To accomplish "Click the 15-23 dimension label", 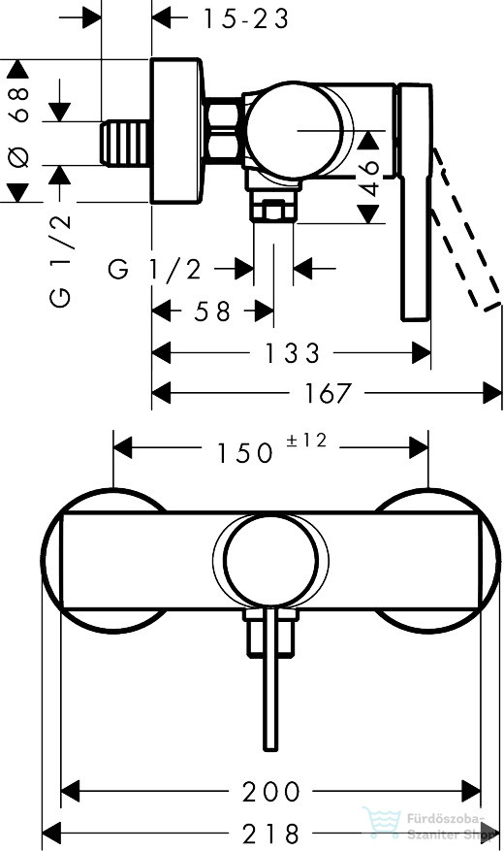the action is (245, 19).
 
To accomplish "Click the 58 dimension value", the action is (212, 311).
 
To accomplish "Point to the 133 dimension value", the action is (292, 353).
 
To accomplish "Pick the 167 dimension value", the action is (329, 393).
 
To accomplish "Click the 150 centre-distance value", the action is (245, 452).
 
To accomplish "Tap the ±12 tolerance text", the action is (306, 441).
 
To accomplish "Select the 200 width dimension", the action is (271, 792).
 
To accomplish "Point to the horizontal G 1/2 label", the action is (155, 269).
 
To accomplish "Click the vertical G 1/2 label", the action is (60, 261).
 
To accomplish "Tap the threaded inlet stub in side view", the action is (125, 143).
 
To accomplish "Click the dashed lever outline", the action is (465, 230).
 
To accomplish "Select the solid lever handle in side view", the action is (416, 202).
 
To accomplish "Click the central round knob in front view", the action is (270, 560).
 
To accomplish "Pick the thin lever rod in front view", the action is (270, 679).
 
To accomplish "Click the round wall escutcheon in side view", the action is (177, 131).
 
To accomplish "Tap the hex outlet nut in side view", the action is (273, 210).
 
